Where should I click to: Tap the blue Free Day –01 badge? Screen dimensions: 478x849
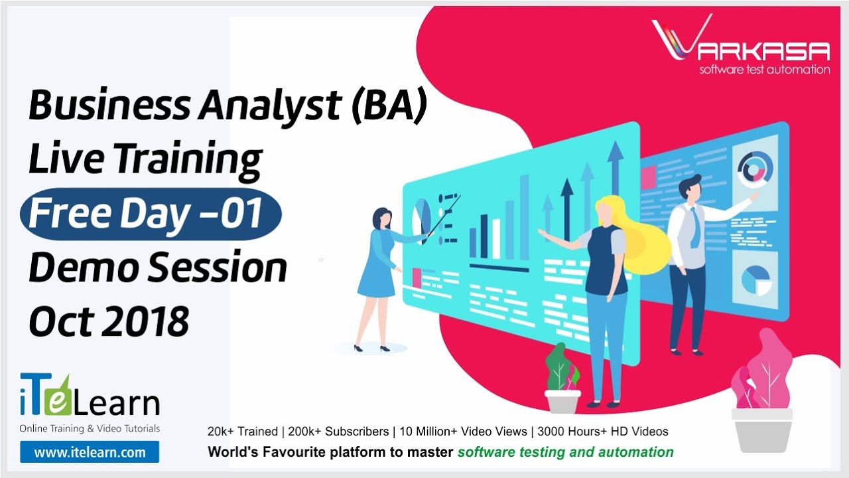pos(151,214)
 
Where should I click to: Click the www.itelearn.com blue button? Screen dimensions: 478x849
pos(90,453)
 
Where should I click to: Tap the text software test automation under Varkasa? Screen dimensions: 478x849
pos(764,70)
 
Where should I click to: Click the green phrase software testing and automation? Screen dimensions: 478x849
pos(565,452)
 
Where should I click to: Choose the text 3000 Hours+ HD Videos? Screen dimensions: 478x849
pos(603,432)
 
